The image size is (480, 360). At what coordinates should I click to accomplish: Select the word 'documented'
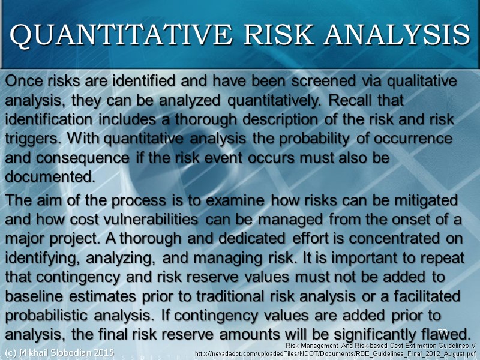point(50,178)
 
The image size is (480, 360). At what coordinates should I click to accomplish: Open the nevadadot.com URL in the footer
point(335,353)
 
